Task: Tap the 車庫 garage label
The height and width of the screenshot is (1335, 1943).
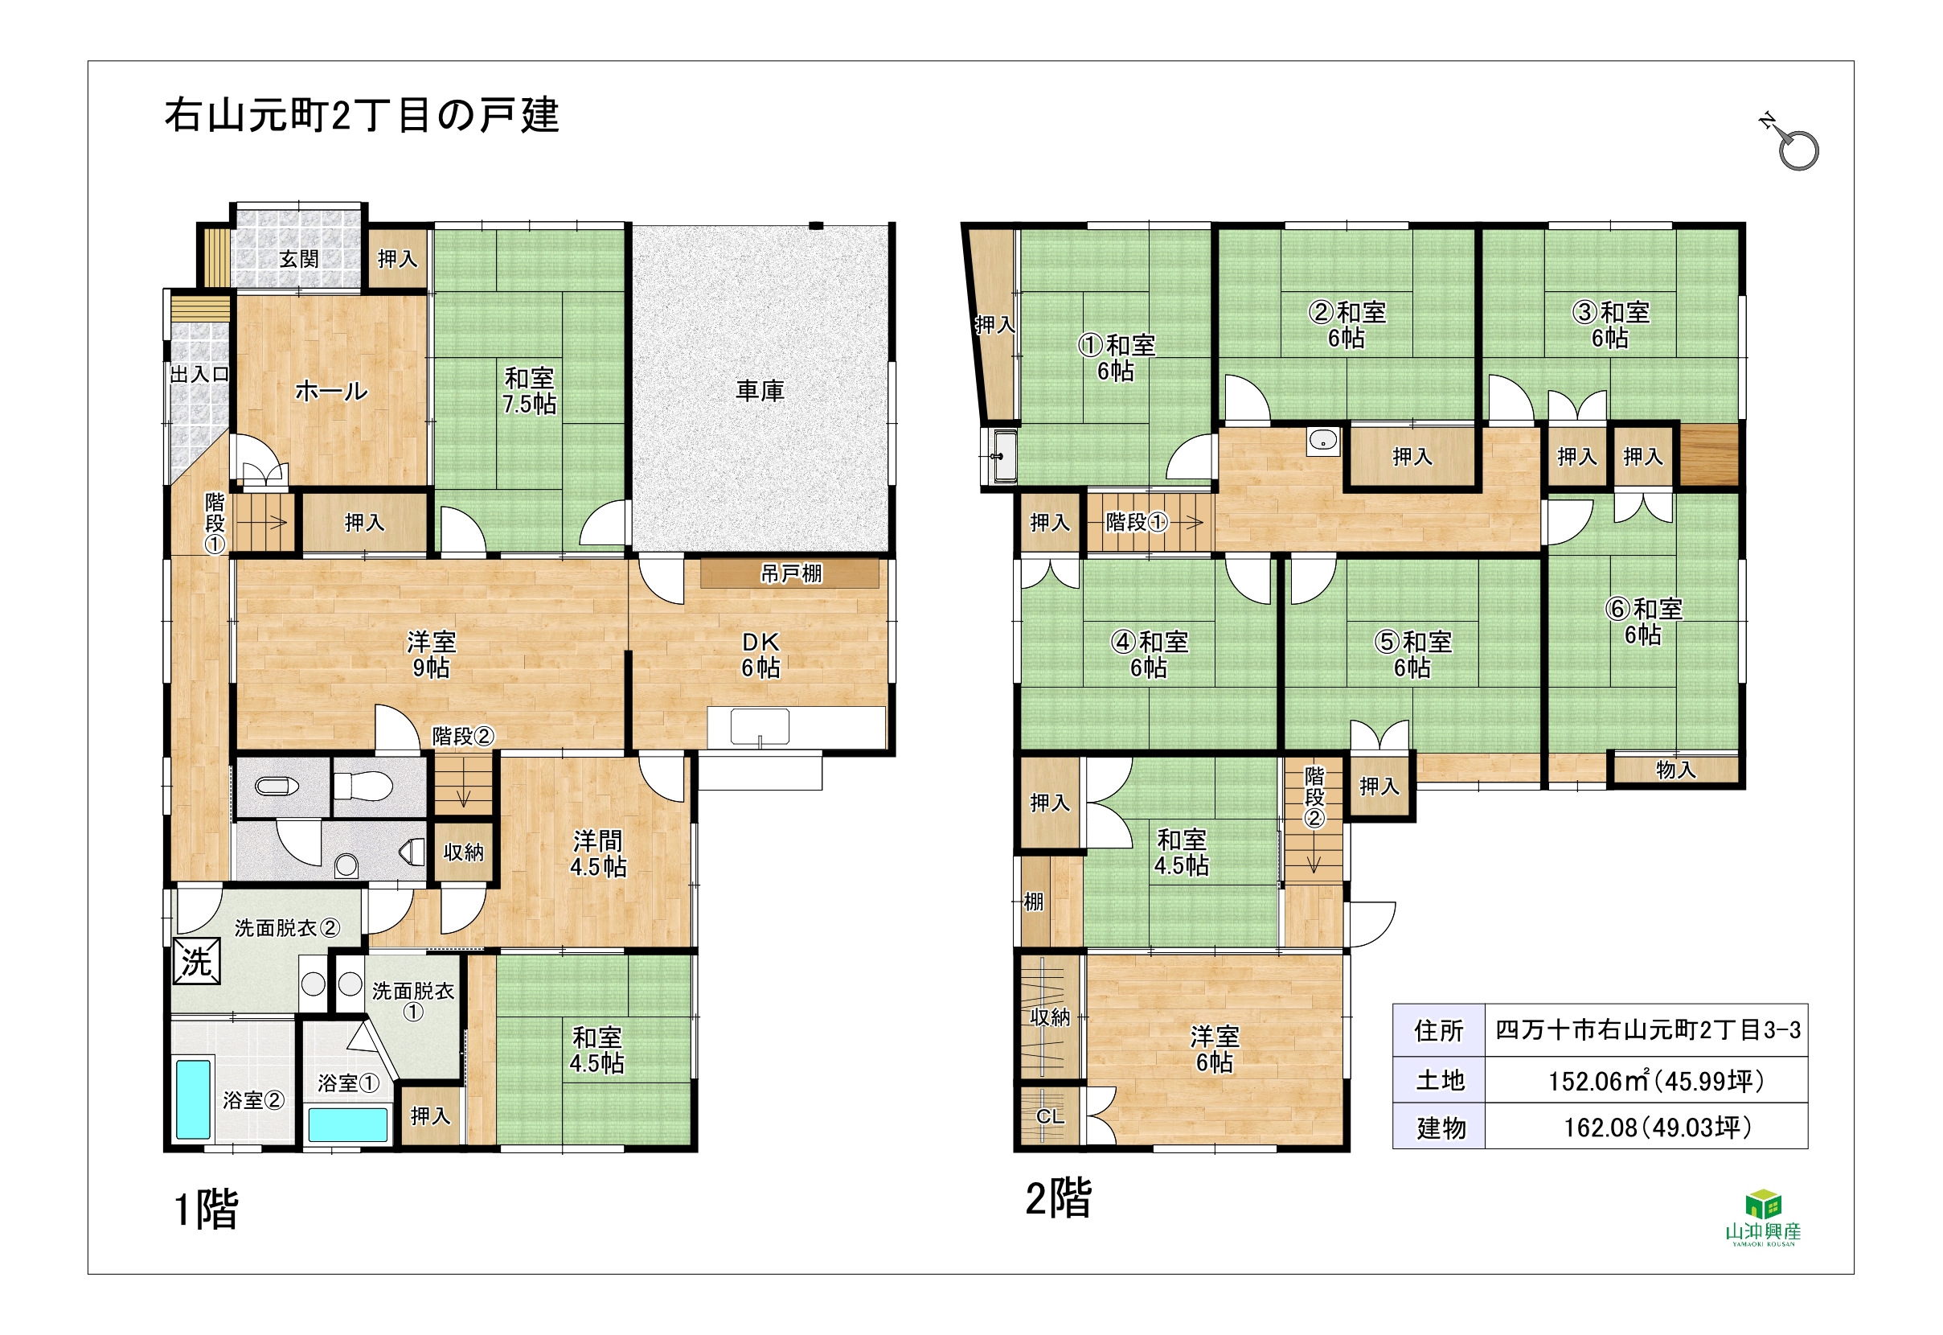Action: (x=759, y=390)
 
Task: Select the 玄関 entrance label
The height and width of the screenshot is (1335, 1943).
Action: (x=298, y=258)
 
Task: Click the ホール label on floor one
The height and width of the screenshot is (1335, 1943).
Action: (x=331, y=391)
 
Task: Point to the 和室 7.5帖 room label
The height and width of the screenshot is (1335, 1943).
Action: (x=529, y=391)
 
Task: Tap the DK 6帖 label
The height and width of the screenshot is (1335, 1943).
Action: (x=760, y=654)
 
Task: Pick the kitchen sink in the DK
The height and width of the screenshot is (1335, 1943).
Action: (x=759, y=726)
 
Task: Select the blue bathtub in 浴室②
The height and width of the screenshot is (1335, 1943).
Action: (x=193, y=1099)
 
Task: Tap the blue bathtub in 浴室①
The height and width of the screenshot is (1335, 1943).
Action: (x=348, y=1124)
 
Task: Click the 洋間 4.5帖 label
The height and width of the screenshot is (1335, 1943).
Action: (x=598, y=853)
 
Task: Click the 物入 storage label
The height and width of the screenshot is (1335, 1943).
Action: (x=1675, y=770)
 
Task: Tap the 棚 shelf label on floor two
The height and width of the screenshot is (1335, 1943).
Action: (x=1033, y=901)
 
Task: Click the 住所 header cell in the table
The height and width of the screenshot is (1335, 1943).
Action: (x=1438, y=1029)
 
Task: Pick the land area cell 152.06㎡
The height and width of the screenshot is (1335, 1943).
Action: (x=1646, y=1080)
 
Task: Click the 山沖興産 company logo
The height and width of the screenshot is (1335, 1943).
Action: (x=1763, y=1217)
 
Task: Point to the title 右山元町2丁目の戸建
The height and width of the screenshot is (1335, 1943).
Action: (x=361, y=114)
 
